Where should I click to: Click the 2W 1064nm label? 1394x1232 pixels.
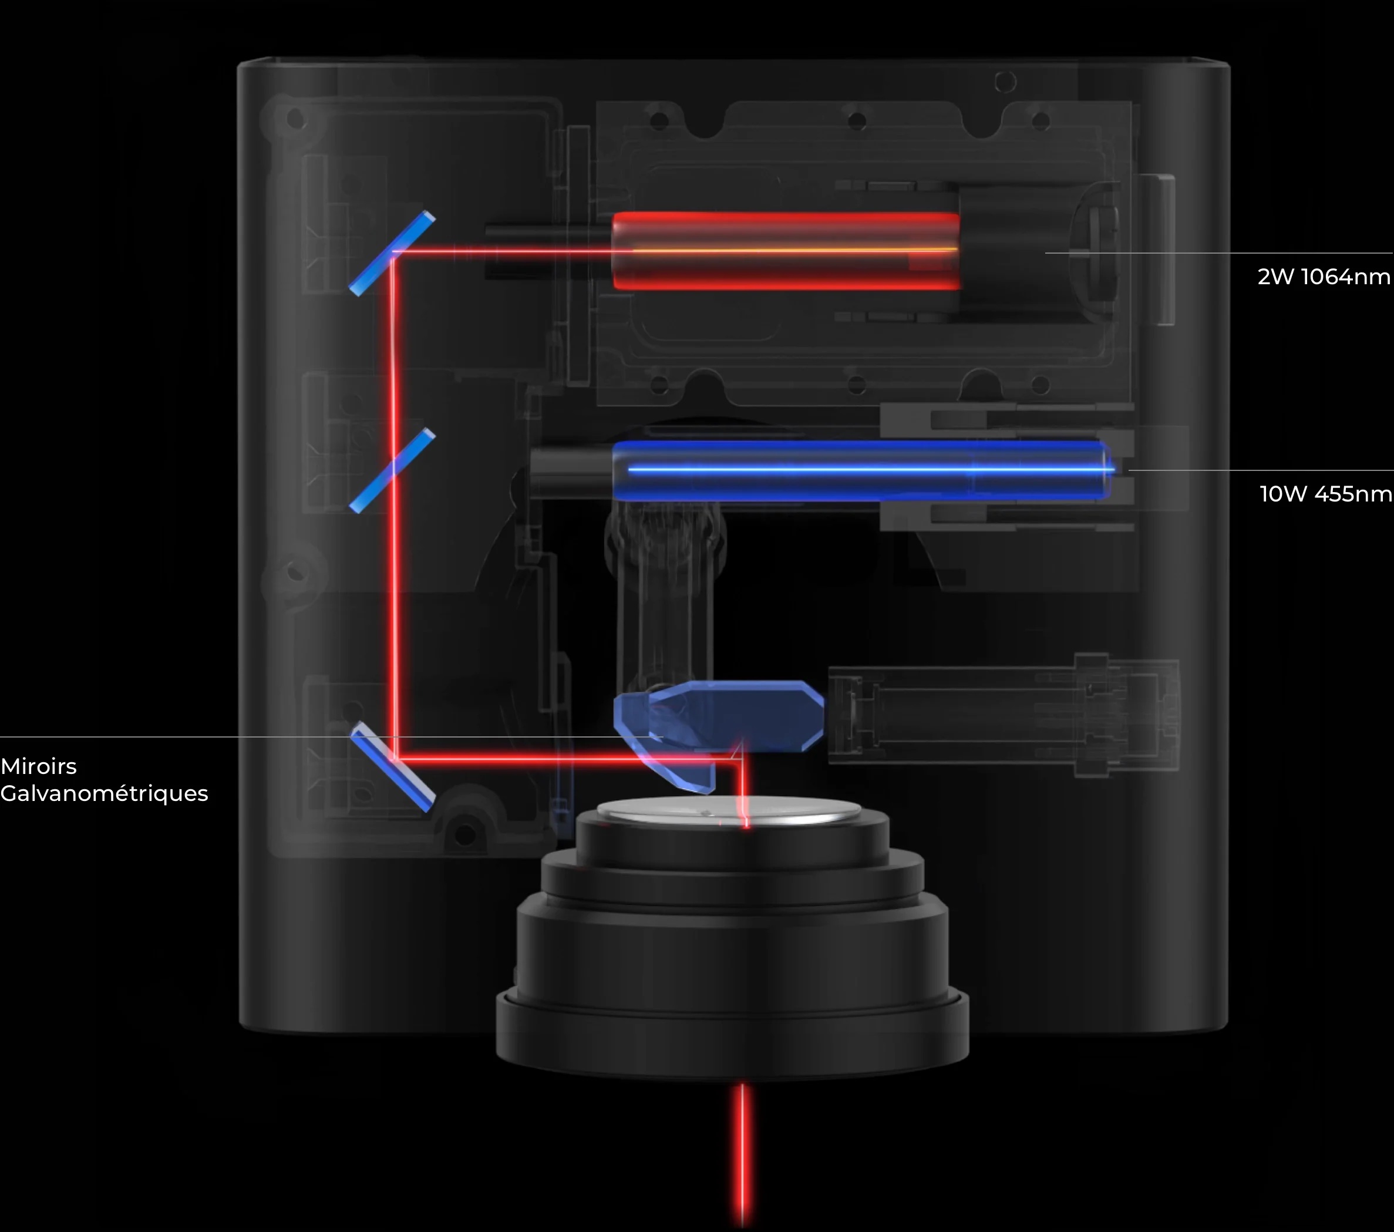[x=1323, y=277]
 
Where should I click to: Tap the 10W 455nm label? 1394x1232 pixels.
[x=1325, y=494]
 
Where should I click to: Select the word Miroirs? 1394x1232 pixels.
[x=39, y=766]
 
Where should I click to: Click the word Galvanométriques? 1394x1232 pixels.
[x=105, y=793]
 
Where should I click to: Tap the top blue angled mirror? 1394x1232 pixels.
[x=392, y=253]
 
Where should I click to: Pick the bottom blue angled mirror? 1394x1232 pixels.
[x=393, y=768]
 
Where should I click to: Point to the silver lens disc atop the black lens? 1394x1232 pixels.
[x=728, y=811]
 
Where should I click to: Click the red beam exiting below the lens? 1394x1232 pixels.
[x=743, y=1153]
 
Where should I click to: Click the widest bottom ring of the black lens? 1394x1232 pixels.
[x=732, y=1037]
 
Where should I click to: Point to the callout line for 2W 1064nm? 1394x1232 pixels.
[x=1214, y=253]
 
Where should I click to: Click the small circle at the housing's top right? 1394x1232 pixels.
[x=1005, y=83]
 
